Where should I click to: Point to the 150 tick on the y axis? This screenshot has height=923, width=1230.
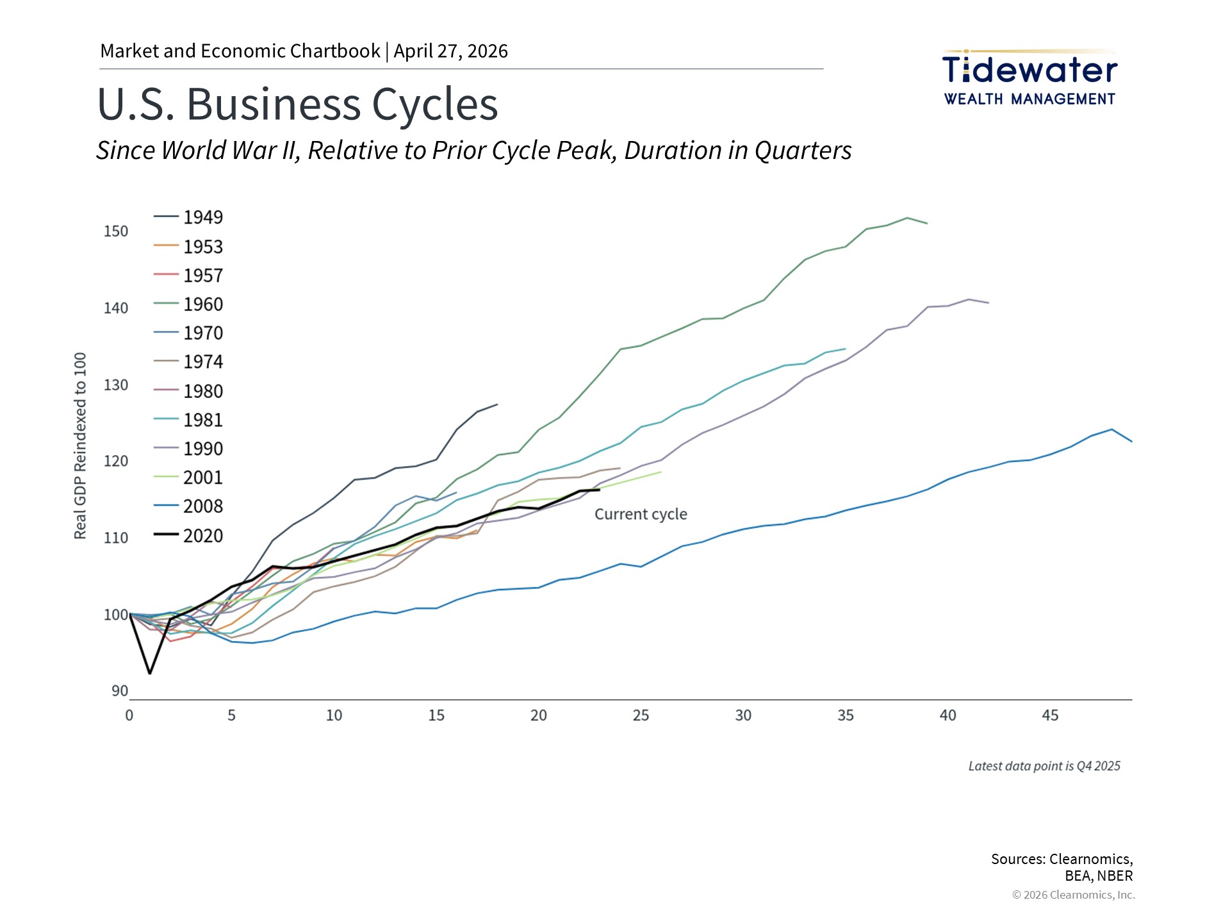click(x=116, y=231)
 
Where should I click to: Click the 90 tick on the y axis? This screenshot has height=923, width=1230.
click(x=120, y=691)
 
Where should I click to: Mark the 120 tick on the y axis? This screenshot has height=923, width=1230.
click(x=116, y=461)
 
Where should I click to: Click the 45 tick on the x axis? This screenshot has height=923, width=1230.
click(x=1050, y=715)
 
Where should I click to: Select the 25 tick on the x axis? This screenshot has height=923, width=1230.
click(x=641, y=715)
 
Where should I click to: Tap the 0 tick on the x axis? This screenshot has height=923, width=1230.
click(x=129, y=715)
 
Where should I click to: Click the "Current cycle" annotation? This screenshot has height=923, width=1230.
click(x=641, y=514)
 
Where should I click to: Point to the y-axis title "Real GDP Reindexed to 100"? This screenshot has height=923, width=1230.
click(x=80, y=445)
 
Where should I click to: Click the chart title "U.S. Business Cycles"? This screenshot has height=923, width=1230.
click(x=297, y=104)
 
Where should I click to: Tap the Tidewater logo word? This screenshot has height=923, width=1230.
click(x=1029, y=70)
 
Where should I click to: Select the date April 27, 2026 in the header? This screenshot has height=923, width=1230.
click(x=450, y=51)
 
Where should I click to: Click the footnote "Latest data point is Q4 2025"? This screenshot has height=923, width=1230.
click(x=1044, y=766)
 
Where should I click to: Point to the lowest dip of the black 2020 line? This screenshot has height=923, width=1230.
click(x=150, y=673)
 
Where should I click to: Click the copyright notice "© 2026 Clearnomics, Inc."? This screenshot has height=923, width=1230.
click(x=1073, y=895)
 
